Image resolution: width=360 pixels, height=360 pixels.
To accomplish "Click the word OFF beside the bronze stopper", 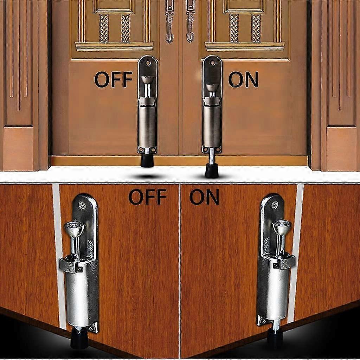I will (x=113, y=79).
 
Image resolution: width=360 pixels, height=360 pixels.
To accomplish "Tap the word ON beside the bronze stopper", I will (x=243, y=79).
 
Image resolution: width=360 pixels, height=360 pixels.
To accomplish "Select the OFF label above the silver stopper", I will (x=147, y=197).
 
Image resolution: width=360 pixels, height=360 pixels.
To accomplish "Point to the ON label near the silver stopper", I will (x=204, y=197).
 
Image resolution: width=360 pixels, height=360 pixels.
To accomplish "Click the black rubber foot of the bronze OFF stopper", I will (x=147, y=160).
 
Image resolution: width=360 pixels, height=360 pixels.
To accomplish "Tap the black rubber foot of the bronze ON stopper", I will (x=212, y=171).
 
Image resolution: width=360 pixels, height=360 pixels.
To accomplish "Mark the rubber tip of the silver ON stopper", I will (x=275, y=338).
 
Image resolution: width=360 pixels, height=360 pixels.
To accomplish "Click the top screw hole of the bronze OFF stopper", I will (x=148, y=63).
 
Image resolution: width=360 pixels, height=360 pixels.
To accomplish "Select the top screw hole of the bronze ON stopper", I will (x=212, y=62).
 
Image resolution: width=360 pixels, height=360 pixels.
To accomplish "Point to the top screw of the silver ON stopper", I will (x=275, y=204).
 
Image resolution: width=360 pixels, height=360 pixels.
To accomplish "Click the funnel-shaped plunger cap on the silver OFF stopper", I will (x=74, y=228).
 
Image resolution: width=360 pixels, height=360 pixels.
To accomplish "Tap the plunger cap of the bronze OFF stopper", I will (x=147, y=79).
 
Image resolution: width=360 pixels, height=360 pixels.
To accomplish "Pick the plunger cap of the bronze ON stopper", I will (x=212, y=88).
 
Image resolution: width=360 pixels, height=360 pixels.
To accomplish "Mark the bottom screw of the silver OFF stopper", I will (x=92, y=328).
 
